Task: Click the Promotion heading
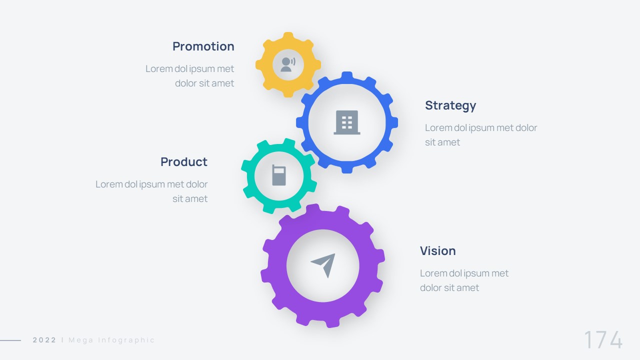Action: (x=203, y=46)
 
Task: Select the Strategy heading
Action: (x=450, y=105)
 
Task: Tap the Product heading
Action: (x=184, y=161)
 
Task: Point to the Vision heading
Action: (x=437, y=251)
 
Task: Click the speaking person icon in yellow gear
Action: (x=288, y=64)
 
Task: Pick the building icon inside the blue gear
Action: (x=347, y=122)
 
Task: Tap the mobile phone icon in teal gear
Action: (x=279, y=175)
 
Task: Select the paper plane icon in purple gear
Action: (x=323, y=265)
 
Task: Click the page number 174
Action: (x=603, y=339)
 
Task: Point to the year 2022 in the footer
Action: (x=44, y=340)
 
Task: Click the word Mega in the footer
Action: (x=81, y=340)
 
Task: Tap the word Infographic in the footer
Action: (x=126, y=340)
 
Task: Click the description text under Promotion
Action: (x=189, y=76)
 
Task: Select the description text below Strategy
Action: (x=481, y=135)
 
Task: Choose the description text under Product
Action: (x=151, y=191)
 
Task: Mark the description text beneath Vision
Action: (x=464, y=280)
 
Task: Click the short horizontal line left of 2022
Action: (x=10, y=340)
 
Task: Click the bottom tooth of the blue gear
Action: (x=347, y=168)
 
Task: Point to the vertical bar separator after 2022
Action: (x=62, y=340)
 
